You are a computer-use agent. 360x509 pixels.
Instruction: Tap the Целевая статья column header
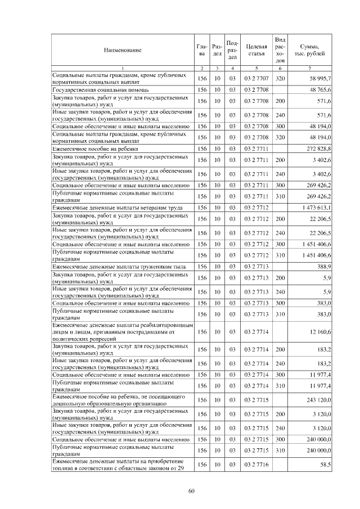[256, 51]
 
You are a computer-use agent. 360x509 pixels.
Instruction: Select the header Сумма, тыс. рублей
[310, 51]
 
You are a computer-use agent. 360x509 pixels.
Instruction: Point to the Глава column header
[202, 51]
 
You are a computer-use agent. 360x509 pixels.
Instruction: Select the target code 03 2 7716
[256, 465]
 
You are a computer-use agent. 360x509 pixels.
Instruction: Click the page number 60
[191, 491]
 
